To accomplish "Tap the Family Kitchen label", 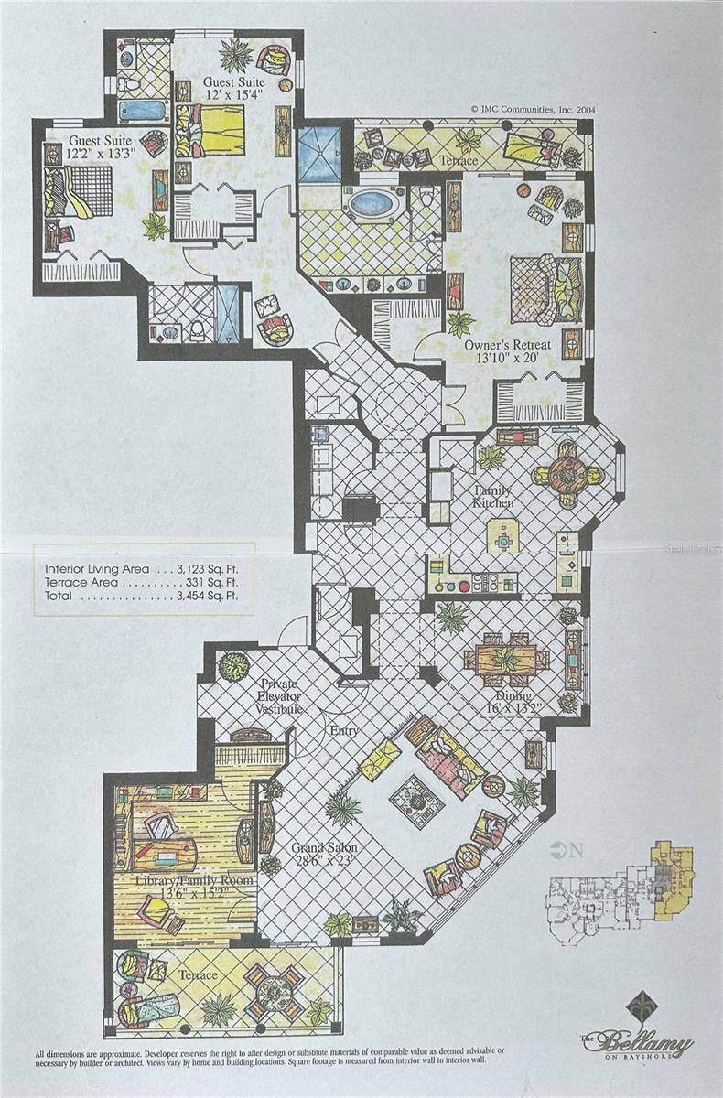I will (491, 496).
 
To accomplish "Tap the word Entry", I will (344, 731).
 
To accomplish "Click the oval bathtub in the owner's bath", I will (375, 203).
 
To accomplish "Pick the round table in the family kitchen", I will (566, 474).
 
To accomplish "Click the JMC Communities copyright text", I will (534, 107).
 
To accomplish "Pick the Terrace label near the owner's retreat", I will (458, 161).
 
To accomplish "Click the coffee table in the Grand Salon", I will (416, 801).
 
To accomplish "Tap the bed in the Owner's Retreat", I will (545, 289).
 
